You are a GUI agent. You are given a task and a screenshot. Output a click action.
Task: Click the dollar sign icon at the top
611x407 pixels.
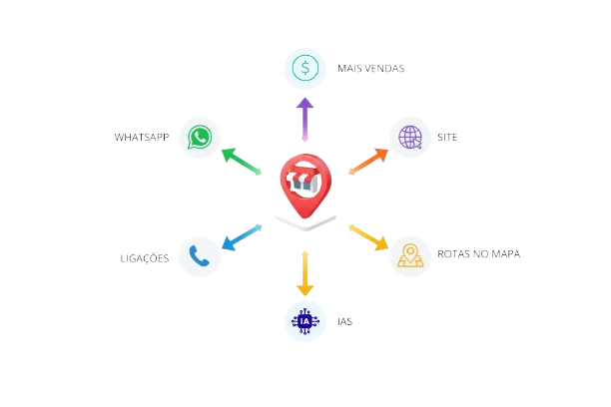[x=305, y=69]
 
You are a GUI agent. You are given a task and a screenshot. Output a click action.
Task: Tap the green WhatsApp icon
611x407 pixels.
[x=200, y=137]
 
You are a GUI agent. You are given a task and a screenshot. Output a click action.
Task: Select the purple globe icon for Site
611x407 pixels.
[x=409, y=137]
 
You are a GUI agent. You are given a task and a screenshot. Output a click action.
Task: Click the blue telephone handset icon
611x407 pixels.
[x=200, y=256]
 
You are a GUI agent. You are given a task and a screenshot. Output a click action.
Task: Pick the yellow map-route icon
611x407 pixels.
[x=409, y=256]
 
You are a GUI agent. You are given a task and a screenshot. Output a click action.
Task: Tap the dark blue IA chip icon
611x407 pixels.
[x=305, y=320]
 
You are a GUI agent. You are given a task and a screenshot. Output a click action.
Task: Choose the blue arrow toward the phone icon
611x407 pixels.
[x=241, y=236]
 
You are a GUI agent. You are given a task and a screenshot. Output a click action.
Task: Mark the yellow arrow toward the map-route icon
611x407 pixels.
[x=367, y=236]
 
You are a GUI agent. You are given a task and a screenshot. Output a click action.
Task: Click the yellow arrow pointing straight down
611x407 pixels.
[x=305, y=273]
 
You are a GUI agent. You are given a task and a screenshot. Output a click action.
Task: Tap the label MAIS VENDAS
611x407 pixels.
[x=370, y=69]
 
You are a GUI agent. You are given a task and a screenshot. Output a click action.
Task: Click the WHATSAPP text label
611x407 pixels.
[x=142, y=137]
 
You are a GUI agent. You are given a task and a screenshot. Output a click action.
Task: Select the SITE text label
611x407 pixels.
[x=446, y=137]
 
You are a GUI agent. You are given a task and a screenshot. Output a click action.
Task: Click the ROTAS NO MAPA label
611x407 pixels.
[x=478, y=254]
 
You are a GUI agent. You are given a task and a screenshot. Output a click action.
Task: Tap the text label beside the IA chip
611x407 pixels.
[x=345, y=321]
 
